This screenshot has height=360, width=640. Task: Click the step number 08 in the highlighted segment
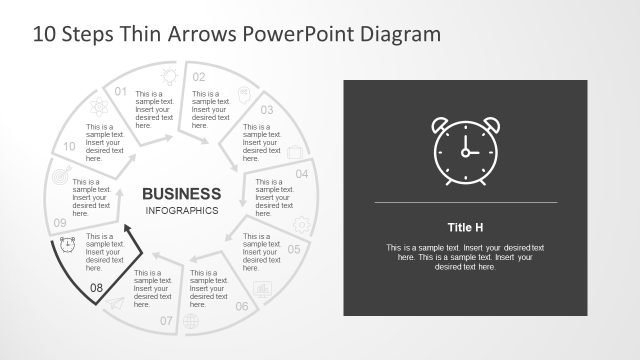tap(96, 288)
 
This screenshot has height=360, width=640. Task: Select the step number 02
tap(199, 77)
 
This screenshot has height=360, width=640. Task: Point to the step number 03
tap(267, 110)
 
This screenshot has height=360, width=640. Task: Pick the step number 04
tap(301, 173)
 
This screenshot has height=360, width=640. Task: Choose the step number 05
tap(294, 249)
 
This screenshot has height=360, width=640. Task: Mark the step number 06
tap(242, 306)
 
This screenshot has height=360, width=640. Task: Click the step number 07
tap(166, 321)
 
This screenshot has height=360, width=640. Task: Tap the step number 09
tap(60, 222)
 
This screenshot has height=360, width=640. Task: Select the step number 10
tap(70, 146)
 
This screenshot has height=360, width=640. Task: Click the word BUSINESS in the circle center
tap(181, 193)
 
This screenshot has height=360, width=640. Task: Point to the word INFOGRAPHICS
tap(181, 211)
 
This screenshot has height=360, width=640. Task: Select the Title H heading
tap(465, 226)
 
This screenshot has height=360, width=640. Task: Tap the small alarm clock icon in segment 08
tap(68, 245)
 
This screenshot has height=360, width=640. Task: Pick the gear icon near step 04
tap(301, 225)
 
